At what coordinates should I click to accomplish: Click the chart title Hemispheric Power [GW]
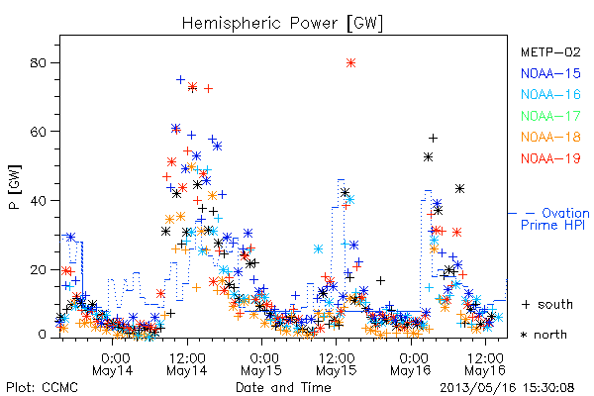pyautogui.click(x=282, y=23)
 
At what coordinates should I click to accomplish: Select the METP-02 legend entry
pyautogui.click(x=550, y=51)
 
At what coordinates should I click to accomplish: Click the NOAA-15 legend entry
pyautogui.click(x=550, y=73)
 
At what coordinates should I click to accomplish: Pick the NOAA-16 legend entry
pyautogui.click(x=550, y=94)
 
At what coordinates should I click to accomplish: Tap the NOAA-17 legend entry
pyautogui.click(x=550, y=116)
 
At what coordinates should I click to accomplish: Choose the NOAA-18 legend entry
pyautogui.click(x=550, y=137)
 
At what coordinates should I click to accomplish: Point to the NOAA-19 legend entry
pyautogui.click(x=550, y=158)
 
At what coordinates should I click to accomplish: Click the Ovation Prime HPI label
pyautogui.click(x=555, y=219)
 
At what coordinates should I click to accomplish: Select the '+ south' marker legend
pyautogui.click(x=547, y=304)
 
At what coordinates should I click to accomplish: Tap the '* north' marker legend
pyautogui.click(x=544, y=335)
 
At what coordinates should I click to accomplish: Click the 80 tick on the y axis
pyautogui.click(x=38, y=63)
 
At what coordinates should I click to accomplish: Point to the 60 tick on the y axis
pyautogui.click(x=38, y=132)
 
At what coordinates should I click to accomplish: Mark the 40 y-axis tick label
pyautogui.click(x=38, y=200)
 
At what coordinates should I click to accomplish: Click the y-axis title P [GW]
pyautogui.click(x=15, y=187)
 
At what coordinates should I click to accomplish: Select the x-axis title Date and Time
pyautogui.click(x=283, y=388)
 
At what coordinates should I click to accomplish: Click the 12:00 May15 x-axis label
pyautogui.click(x=337, y=364)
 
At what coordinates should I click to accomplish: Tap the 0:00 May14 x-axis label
pyautogui.click(x=113, y=364)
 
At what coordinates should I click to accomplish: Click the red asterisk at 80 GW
pyautogui.click(x=350, y=63)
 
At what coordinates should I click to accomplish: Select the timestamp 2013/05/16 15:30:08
pyautogui.click(x=507, y=388)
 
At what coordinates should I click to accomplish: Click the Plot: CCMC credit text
pyautogui.click(x=42, y=388)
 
